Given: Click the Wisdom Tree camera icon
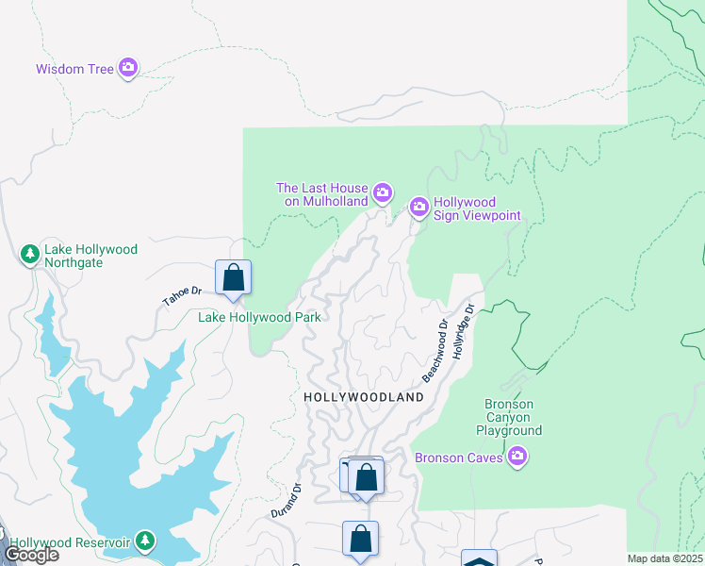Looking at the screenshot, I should pos(128,68).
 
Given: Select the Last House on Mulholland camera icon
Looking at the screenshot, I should pos(383,193).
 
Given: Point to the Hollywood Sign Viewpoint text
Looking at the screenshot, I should pos(477,208).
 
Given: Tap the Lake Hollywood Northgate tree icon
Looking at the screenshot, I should pos(30,254).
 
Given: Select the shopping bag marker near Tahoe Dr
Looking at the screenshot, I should pos(234,278).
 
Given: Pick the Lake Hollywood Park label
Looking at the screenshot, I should pos(259,317).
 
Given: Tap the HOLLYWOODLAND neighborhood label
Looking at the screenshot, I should pos(364,398).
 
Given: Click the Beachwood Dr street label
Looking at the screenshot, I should pos(435,351).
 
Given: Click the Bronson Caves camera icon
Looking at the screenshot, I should pos(516,458).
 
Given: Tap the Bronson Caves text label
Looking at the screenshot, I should pos(460,458).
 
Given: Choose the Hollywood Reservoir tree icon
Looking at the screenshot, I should pos(145,541).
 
